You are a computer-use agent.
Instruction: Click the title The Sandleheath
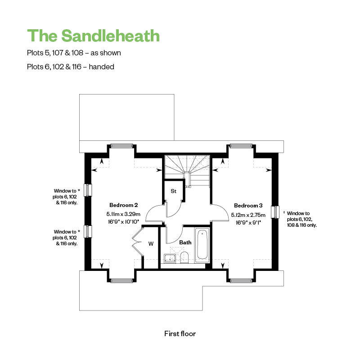click(93, 36)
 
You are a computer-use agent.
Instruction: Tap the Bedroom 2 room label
click(123, 205)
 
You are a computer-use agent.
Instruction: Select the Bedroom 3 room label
click(248, 206)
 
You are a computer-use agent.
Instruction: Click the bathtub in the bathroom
click(202, 245)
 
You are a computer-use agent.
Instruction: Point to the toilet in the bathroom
click(184, 257)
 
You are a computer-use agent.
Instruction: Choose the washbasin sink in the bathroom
click(170, 258)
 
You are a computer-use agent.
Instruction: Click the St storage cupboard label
click(174, 191)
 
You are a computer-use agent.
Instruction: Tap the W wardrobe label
click(151, 243)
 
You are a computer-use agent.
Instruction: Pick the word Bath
click(185, 243)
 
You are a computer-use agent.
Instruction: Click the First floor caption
click(180, 333)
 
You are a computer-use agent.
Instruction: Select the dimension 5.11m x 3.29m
click(123, 214)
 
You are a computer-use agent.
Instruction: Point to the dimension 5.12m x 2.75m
click(248, 215)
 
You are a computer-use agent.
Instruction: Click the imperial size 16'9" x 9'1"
click(248, 222)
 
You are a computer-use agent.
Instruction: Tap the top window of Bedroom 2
click(121, 146)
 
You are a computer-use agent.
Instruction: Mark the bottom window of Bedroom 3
click(241, 280)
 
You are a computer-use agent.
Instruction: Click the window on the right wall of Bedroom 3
click(275, 212)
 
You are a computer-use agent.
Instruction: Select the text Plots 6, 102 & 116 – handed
click(71, 67)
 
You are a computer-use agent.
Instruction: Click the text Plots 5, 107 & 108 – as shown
click(74, 53)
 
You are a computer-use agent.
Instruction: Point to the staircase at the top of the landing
click(187, 170)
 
